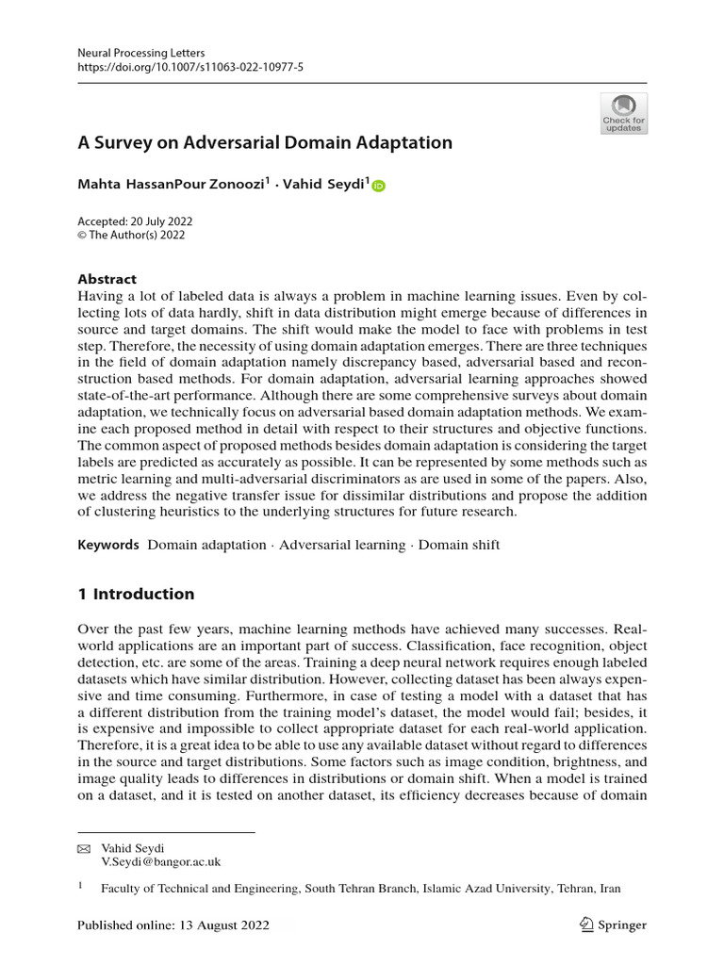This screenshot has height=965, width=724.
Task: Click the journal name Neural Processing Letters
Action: tap(140, 53)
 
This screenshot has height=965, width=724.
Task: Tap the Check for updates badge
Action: tap(623, 113)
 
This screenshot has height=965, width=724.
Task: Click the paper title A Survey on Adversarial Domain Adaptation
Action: tap(265, 143)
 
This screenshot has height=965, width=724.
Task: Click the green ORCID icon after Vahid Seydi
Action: tap(379, 187)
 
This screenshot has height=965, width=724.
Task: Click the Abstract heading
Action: tap(107, 279)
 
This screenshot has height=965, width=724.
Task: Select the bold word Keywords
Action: tap(108, 545)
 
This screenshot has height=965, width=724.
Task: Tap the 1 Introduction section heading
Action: tap(136, 594)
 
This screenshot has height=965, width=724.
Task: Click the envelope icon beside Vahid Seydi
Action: tap(82, 848)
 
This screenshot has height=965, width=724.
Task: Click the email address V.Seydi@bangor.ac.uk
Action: tap(161, 861)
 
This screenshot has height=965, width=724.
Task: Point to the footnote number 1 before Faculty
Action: tap(80, 886)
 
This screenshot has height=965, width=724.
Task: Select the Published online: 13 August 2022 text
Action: tap(173, 925)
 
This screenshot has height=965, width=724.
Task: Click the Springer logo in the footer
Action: tap(614, 925)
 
